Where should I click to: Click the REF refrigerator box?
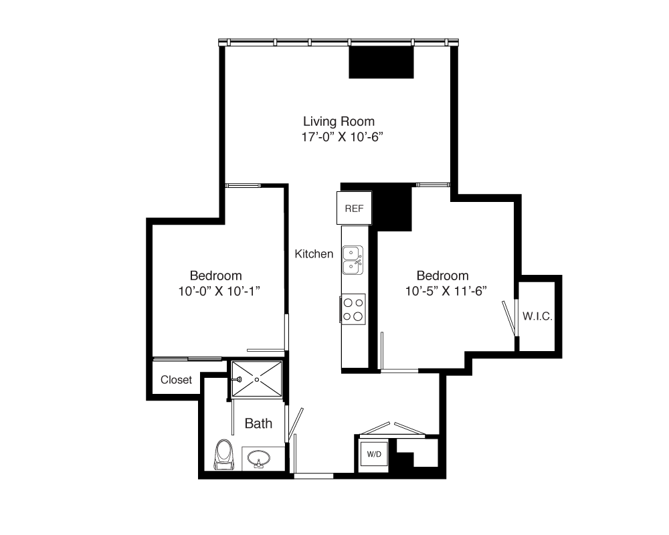354,208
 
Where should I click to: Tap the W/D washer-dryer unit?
374,455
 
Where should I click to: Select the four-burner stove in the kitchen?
353,310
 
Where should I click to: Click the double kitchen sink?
353,260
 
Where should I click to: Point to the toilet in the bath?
224,455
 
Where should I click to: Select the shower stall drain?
257,379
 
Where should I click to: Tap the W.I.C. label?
538,316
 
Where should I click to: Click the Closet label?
176,380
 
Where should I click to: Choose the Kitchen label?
314,254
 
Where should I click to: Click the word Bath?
258,423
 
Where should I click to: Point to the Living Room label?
339,121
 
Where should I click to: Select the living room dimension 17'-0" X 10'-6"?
342,137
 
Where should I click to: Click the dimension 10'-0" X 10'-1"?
219,292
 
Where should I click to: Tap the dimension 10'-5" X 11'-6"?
446,291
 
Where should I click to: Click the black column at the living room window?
381,62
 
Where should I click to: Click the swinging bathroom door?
295,425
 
